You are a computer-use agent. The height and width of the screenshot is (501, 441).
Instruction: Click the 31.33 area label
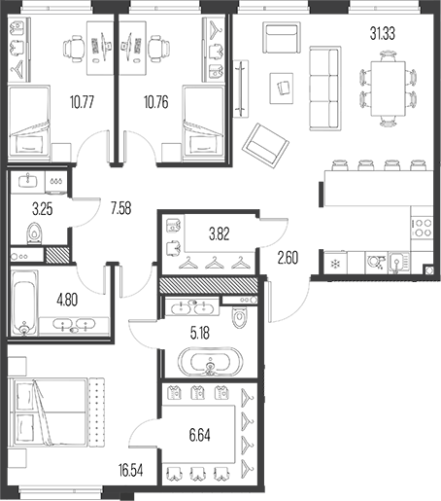[x=383, y=34]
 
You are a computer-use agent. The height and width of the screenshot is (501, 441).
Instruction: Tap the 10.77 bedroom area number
[x=82, y=102]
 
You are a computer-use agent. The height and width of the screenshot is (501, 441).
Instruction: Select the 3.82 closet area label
[x=220, y=234]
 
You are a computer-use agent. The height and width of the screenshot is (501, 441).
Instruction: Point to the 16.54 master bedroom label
[x=130, y=471]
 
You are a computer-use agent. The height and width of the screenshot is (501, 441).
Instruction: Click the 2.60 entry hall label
[x=288, y=258]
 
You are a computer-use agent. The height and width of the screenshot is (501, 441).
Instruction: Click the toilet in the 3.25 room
[x=34, y=233]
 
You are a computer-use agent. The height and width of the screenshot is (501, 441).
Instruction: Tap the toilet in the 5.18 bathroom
[x=240, y=317]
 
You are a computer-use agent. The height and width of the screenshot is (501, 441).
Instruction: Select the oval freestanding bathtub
[x=210, y=362]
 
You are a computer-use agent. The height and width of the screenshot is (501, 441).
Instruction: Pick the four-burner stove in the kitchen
[x=423, y=228]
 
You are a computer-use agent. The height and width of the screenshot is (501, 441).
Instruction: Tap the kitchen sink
[x=398, y=263]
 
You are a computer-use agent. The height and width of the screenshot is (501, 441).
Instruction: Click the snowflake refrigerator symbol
[x=335, y=264]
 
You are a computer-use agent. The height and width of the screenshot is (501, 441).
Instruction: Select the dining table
[x=388, y=89]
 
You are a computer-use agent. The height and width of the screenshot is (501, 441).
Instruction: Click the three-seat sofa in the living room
[x=325, y=89]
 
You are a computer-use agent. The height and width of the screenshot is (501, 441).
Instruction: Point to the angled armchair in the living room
[x=265, y=146]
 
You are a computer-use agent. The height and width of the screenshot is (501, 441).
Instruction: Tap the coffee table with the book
[x=282, y=89]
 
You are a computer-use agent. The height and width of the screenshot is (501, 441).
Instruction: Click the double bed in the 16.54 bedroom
[x=49, y=412]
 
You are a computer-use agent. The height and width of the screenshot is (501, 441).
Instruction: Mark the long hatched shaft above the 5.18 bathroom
[x=209, y=285]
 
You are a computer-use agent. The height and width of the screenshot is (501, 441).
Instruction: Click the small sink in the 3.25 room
[x=28, y=181]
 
